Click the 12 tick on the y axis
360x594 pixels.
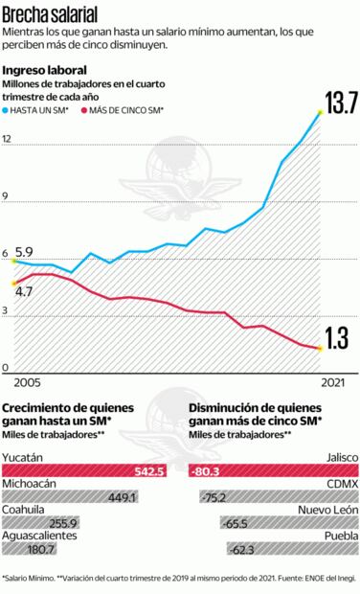pos(8,140)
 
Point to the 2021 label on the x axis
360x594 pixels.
pos(332,382)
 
